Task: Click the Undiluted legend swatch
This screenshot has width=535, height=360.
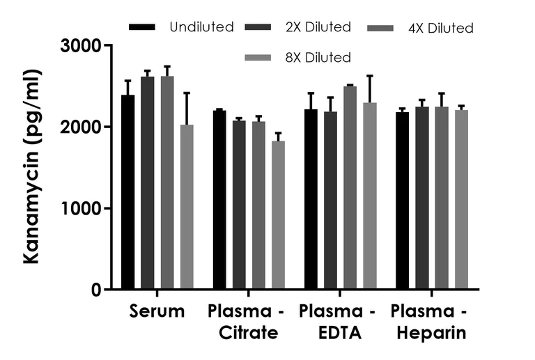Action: (142, 27)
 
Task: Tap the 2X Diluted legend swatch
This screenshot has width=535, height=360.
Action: (259, 28)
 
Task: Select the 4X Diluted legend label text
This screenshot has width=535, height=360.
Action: (441, 29)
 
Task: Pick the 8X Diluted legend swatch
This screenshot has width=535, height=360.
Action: (259, 58)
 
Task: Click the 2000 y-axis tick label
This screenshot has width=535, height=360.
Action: (82, 127)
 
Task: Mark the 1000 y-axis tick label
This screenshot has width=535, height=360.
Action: (82, 209)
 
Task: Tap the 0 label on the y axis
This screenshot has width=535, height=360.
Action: (96, 290)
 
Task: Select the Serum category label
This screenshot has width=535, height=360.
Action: (157, 312)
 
